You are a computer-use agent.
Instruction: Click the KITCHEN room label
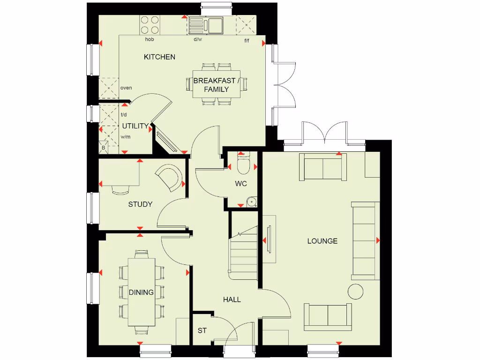coord(159,57)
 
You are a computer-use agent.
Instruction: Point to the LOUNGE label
coord(322,241)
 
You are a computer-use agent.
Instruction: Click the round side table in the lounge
coord(356,291)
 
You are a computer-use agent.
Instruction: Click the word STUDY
coord(140,204)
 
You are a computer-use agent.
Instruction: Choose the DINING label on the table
coord(141,292)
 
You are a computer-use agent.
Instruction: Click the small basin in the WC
coord(252,202)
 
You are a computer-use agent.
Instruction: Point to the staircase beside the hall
coord(244,253)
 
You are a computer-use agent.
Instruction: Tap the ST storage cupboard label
coord(202,330)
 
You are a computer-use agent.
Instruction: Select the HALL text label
coord(232,299)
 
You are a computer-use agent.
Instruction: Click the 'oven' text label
coord(126,88)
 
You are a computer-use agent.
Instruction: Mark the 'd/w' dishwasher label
coord(198,39)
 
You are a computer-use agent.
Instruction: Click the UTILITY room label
coord(135,126)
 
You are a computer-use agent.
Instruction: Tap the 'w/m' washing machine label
coord(125,137)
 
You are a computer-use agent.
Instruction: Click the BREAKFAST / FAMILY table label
coord(217,85)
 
